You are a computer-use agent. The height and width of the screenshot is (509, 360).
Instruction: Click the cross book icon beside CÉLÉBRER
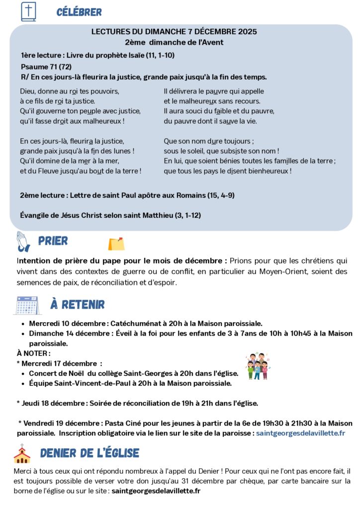coord(28,12)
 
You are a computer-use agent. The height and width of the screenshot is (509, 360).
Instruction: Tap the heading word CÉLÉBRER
coord(79,12)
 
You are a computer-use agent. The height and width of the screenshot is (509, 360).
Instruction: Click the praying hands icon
coord(23,241)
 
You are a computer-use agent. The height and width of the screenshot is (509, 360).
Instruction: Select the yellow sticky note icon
coord(116,244)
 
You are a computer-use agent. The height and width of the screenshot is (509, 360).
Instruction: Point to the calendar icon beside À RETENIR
coord(27,304)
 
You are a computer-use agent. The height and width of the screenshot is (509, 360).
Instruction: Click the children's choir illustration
coord(257,367)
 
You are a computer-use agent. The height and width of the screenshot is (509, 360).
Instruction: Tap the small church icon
coord(22,453)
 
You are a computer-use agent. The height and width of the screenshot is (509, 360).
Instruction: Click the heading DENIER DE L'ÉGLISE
coord(90,453)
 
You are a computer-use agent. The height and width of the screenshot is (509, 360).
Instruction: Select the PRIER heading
coord(53,241)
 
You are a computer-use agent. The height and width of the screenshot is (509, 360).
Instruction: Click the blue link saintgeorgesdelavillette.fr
coord(300,433)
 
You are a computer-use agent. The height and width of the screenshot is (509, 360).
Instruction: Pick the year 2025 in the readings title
coord(247,32)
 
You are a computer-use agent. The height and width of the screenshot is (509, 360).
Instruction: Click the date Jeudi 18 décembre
coord(53,403)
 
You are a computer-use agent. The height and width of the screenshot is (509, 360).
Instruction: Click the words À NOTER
coord(33,353)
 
